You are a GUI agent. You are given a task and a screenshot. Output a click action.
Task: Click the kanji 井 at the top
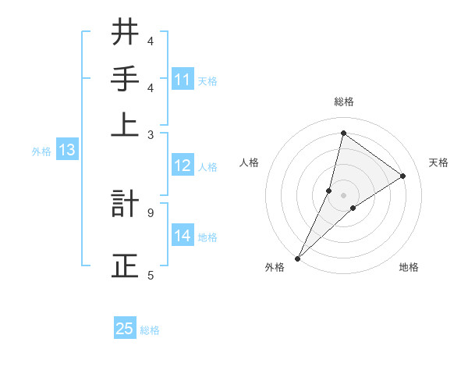pos(126,33)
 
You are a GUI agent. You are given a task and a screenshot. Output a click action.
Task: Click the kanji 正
pos(126,264)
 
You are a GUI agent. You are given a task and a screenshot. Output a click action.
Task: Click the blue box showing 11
pos(183,80)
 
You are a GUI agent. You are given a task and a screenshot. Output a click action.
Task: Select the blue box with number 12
pos(183,166)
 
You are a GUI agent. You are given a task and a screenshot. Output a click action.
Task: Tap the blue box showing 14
pos(183,236)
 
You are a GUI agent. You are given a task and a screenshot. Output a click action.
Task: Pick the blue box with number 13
pos(66,151)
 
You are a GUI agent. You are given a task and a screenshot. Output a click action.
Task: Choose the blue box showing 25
pos(125,329)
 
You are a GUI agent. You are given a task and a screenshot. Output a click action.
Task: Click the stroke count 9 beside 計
pos(150,212)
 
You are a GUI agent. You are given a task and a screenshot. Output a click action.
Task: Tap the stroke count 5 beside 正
pos(150,274)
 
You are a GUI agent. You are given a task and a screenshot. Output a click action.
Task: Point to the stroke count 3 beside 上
pos(150,135)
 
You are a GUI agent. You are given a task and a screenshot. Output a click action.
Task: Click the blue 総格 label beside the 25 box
pos(150,330)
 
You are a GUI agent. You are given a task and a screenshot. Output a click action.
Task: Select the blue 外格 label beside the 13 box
pos(41,151)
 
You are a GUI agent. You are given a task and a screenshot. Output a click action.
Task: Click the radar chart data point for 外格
pos(297,258)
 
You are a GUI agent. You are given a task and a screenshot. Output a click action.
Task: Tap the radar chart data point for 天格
pos(403,176)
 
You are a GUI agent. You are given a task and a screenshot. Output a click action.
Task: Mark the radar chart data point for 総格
pos(343,133)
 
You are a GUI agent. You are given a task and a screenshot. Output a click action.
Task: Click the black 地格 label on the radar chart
pos(409,268)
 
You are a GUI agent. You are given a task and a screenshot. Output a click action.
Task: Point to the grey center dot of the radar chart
pos(343,194)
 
